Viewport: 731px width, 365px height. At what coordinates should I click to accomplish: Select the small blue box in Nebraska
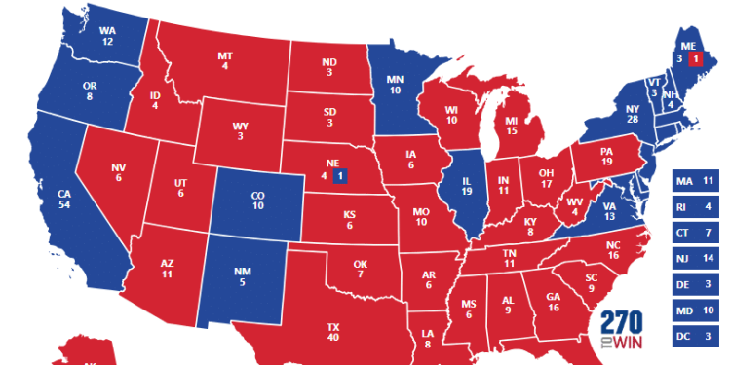point(339,176)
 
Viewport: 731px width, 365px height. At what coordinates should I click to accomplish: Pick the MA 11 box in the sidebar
point(696,181)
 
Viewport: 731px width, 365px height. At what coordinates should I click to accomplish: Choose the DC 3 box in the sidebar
point(696,337)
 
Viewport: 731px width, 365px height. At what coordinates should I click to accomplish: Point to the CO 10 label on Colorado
point(257,200)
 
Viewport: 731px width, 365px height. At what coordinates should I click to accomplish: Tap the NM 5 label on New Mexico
point(242,276)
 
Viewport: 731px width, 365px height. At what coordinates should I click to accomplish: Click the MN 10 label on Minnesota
point(394,84)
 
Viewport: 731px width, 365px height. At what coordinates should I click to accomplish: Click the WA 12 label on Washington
point(108,36)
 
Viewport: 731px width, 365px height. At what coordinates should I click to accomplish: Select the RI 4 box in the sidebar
point(696,207)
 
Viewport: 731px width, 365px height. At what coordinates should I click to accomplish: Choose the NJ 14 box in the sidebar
point(696,259)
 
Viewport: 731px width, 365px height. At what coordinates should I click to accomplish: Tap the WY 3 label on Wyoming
point(239,131)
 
